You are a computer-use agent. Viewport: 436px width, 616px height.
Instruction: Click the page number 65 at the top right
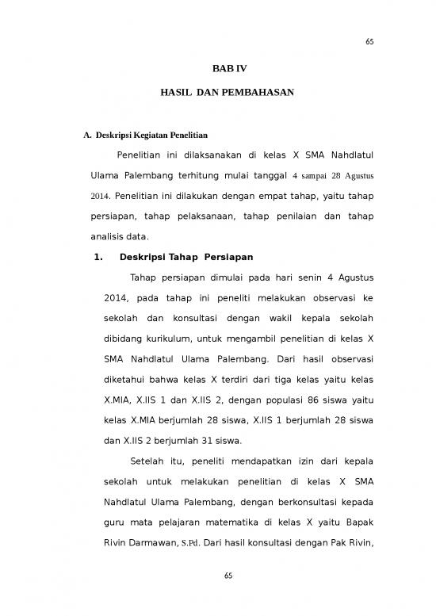(x=369, y=42)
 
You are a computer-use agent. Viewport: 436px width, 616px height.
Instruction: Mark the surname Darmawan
(x=170, y=545)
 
